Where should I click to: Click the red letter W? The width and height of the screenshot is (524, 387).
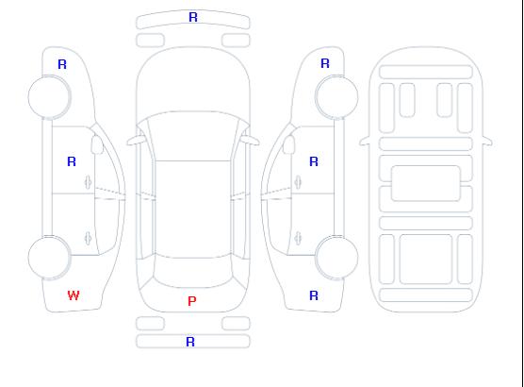74,295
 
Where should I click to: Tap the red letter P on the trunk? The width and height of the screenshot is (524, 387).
192,301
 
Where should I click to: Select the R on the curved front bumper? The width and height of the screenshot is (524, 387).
193,17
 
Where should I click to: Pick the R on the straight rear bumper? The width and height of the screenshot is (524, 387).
190,342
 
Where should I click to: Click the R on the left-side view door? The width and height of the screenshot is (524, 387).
72,161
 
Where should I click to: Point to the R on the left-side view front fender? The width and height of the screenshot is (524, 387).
62,64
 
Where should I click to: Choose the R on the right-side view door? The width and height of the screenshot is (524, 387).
314,161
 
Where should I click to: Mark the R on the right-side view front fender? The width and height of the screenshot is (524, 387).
325,63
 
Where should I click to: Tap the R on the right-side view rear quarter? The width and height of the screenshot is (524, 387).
314,295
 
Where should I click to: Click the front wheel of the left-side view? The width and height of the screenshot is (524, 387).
49,97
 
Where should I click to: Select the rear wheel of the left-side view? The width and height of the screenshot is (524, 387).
49,258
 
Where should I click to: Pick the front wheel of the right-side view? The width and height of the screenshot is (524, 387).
336,97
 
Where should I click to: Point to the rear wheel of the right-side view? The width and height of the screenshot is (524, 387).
336,258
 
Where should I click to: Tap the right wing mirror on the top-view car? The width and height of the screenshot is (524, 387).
251,141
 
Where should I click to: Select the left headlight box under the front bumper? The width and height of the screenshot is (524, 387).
150,41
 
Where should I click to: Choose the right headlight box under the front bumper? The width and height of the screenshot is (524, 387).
236,41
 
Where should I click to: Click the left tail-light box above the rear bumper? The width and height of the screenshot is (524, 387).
150,324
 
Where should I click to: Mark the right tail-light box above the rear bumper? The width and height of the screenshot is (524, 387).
236,324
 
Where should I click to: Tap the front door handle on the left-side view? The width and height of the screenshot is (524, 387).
89,182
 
